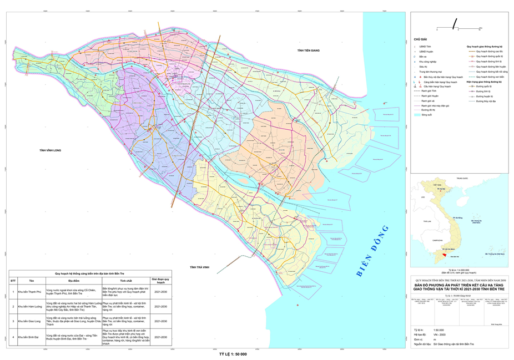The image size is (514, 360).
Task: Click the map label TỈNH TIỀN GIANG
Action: [309, 51]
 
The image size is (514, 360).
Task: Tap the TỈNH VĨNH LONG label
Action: [51, 150]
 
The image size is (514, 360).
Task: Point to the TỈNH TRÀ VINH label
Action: [199, 267]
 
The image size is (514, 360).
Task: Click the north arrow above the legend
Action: [455, 23]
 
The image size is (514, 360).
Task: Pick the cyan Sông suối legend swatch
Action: [417, 115]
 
